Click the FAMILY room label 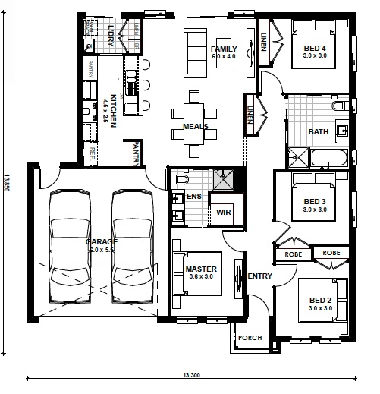224,50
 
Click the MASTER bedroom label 201,269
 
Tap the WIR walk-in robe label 224,213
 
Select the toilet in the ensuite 180,179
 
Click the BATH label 319,131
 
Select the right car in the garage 133,247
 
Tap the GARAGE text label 100,241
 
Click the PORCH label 249,338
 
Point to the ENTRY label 259,276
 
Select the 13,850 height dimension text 7,185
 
